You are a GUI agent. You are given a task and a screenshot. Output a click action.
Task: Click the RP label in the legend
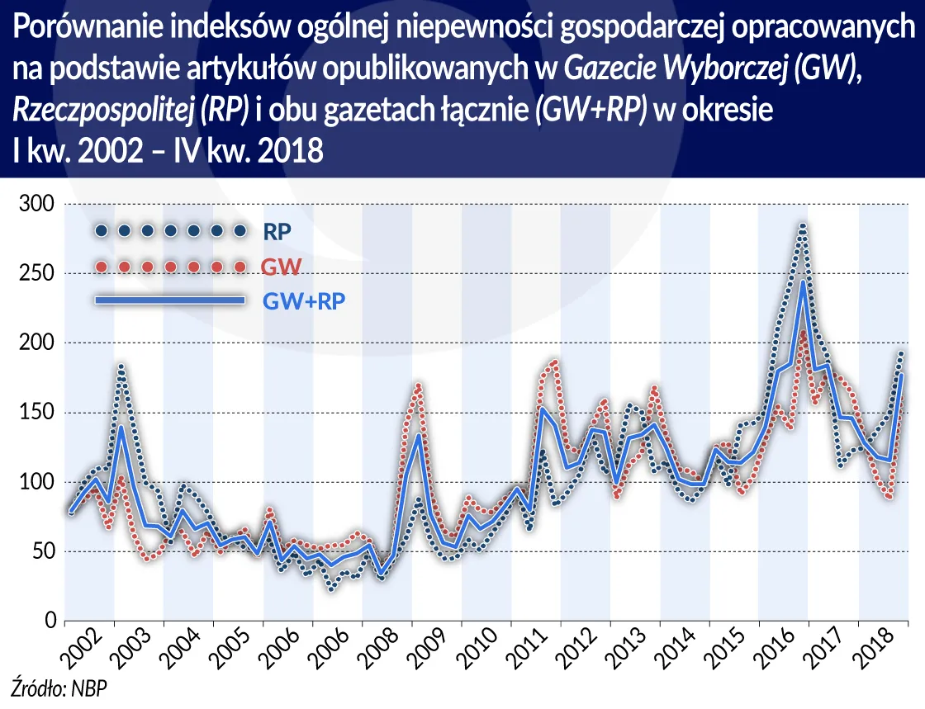(x=277, y=231)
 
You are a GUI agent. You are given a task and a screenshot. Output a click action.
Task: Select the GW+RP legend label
(x=303, y=301)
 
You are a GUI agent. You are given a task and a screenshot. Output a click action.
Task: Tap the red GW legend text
(x=280, y=267)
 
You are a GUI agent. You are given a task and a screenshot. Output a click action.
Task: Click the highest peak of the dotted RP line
(x=801, y=225)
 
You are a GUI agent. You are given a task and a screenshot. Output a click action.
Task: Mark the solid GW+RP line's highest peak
(x=801, y=282)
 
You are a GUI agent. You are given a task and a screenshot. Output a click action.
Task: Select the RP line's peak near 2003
(x=121, y=366)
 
